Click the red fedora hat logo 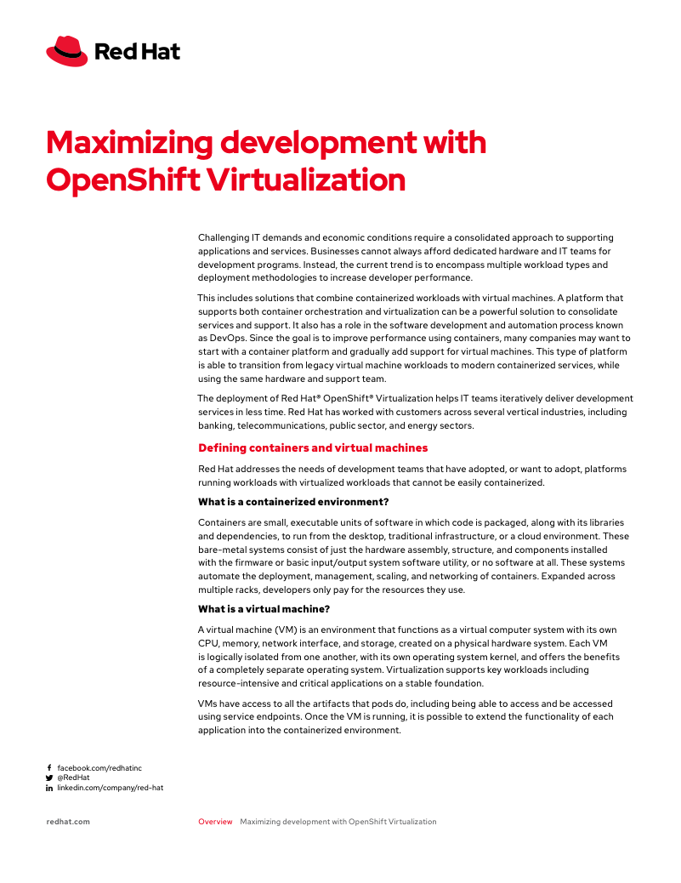(67, 51)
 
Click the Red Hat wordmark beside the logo (137, 52)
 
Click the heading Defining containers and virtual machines (313, 447)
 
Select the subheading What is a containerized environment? (293, 502)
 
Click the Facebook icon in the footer (49, 767)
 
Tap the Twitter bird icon (49, 778)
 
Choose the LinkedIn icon (49, 788)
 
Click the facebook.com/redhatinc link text (99, 767)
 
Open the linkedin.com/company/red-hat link (110, 788)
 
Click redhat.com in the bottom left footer (67, 822)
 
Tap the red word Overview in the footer (215, 822)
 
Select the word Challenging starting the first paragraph (224, 237)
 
